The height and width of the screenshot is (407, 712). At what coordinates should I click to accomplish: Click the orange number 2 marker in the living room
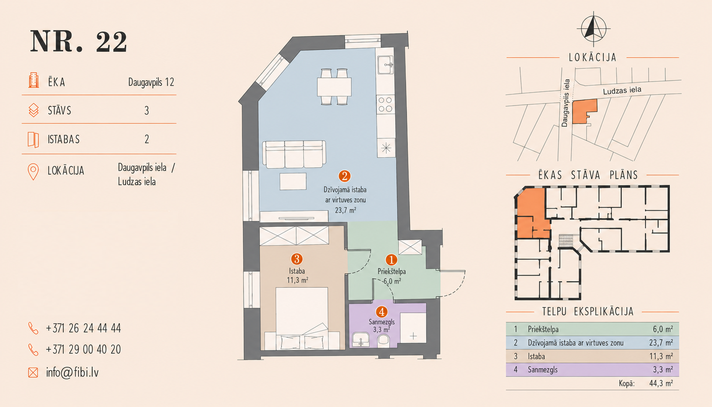tap(345, 176)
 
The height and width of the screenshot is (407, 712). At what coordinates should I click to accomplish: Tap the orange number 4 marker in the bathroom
tap(382, 312)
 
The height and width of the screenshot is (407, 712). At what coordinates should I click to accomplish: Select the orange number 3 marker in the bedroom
tap(297, 259)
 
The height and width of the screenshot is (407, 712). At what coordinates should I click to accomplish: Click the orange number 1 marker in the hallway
tap(391, 260)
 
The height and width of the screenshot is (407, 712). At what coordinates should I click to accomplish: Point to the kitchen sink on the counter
tap(385, 65)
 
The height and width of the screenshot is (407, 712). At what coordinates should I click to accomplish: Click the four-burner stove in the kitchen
tap(385, 104)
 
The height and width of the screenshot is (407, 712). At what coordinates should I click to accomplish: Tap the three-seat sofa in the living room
tap(294, 154)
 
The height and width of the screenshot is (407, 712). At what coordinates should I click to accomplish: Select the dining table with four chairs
tap(334, 86)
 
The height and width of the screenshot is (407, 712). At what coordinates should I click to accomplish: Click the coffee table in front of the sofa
tap(293, 181)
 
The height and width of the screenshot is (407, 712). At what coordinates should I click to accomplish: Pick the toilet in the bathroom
tap(383, 340)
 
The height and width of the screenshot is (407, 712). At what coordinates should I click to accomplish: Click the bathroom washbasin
tap(361, 339)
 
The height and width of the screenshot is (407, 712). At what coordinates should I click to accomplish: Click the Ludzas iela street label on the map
tap(622, 90)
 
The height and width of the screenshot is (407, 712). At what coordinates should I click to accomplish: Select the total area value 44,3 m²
tap(661, 383)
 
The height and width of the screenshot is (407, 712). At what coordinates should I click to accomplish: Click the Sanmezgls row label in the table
tap(542, 370)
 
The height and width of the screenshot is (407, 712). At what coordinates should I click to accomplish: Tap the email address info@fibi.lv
tap(73, 372)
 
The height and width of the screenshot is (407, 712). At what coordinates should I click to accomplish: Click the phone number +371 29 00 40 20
tap(83, 349)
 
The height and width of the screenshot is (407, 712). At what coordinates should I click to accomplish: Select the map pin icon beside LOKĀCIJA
tap(33, 172)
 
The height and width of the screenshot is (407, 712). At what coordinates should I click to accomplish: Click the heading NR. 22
tap(79, 41)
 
